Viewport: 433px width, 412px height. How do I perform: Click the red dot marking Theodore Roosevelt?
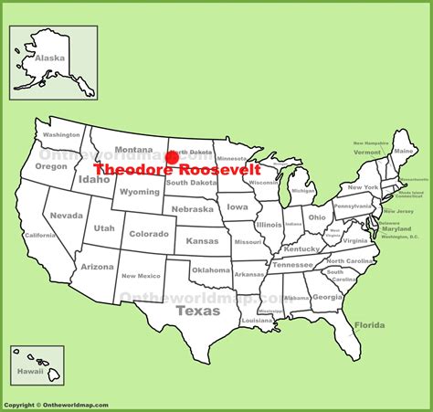point(172,158)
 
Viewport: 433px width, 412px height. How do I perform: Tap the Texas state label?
point(198,311)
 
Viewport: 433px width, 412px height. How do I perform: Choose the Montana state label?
point(133,150)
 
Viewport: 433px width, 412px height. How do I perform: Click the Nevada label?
point(67,216)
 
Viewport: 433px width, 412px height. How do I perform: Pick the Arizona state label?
point(97,267)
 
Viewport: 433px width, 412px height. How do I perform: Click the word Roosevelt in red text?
point(219,170)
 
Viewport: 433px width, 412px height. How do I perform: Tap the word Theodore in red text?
point(134,170)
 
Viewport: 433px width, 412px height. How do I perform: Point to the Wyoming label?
point(140,193)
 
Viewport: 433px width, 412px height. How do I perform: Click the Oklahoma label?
point(211,269)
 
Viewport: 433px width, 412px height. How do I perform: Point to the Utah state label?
point(104,226)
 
